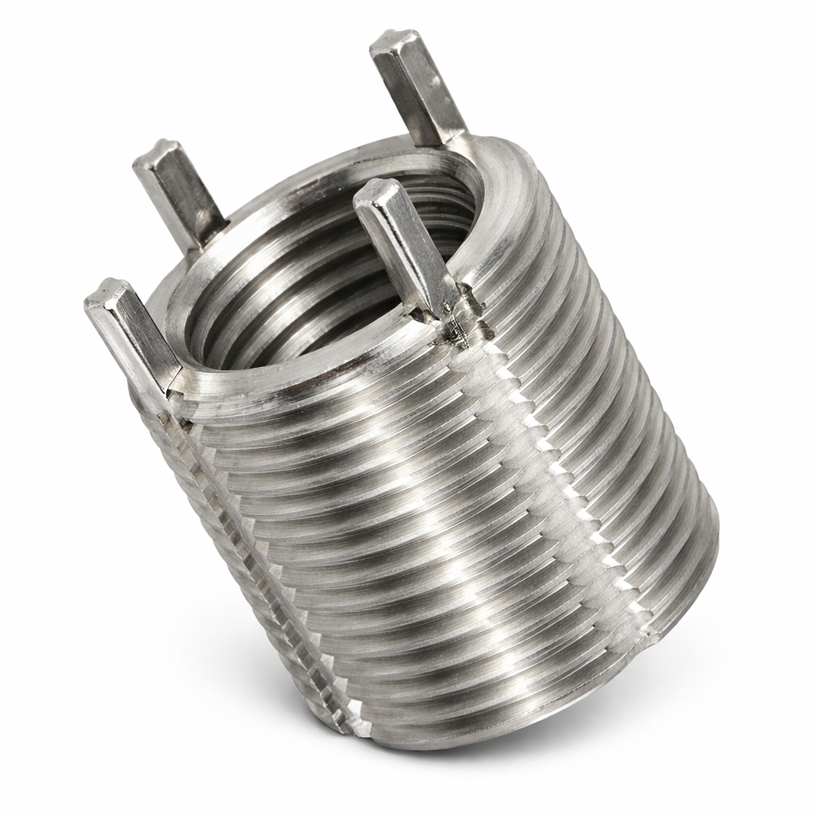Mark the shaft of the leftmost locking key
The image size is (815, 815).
point(132,334)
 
